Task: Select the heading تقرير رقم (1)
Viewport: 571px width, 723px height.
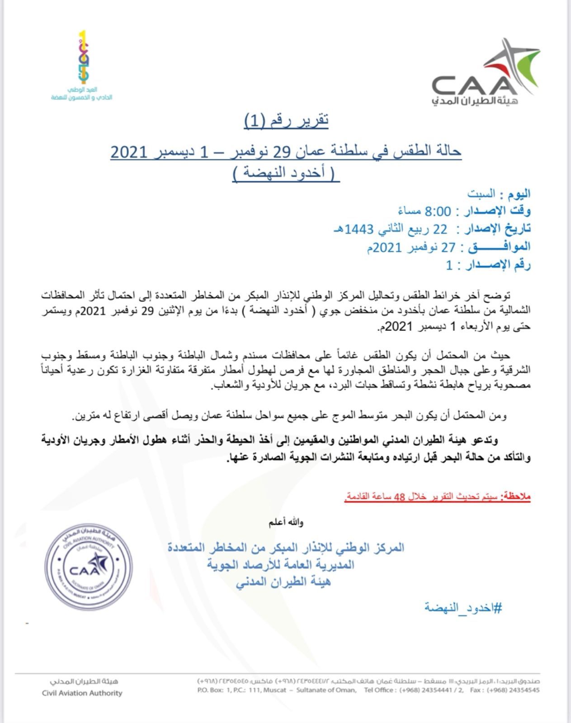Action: coord(286,121)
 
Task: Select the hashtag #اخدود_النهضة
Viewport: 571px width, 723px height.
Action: coord(463,607)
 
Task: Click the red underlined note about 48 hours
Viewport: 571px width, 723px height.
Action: coord(437,497)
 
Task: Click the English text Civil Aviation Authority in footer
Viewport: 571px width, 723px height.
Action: coord(82,693)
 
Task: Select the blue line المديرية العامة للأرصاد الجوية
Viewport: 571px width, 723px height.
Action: coord(280,565)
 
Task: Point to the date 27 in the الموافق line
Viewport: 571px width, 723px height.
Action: coord(447,247)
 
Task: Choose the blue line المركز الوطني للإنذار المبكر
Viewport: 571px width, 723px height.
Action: coord(286,548)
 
